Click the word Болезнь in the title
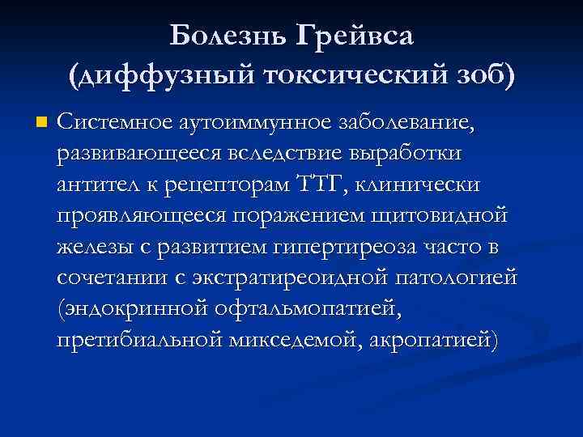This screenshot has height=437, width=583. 228,36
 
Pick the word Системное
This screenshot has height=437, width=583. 108,124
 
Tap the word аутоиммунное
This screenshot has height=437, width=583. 242,124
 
